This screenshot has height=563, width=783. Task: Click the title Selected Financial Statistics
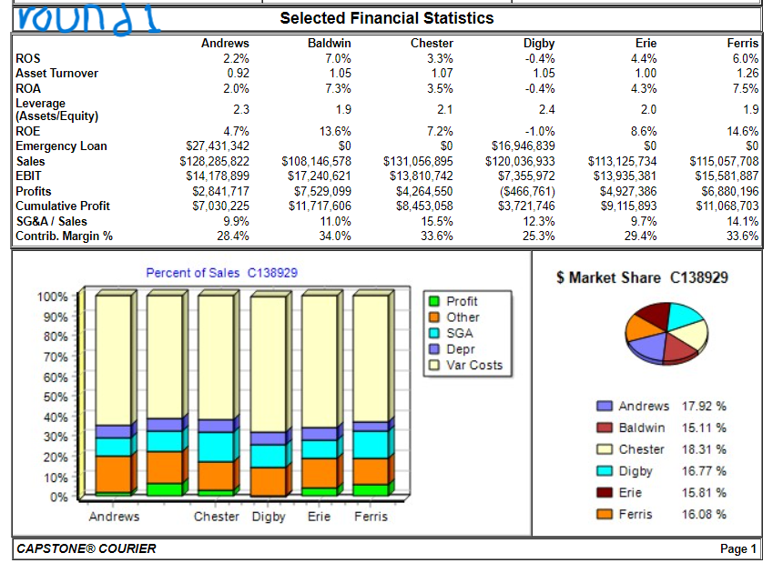coord(386,18)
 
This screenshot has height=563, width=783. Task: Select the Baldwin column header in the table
coord(329,43)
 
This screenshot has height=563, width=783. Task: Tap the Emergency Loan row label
coord(61,146)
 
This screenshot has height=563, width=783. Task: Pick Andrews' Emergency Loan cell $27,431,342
coord(218,146)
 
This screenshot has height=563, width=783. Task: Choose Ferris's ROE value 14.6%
coord(742,131)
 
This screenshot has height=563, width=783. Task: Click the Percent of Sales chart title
coord(221,273)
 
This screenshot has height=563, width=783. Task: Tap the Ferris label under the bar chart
coord(371,517)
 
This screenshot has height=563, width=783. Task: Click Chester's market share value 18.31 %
coord(704,449)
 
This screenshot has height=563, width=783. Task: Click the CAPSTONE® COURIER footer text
coord(86,548)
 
